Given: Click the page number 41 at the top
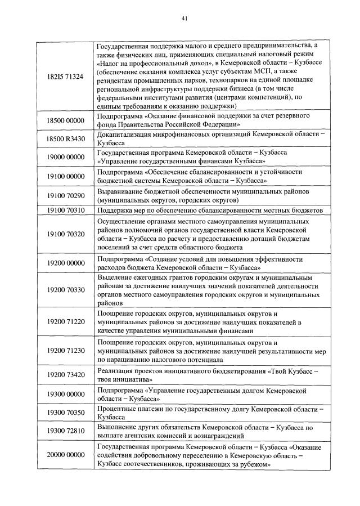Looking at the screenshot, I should [183, 18].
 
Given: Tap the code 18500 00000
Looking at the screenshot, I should [66, 120].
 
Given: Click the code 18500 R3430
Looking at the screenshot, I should [66, 139].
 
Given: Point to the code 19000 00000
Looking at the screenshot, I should [66, 158].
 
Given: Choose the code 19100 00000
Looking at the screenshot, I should [66, 176].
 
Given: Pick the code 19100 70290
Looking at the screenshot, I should [66, 195].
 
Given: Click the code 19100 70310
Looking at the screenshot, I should [66, 210].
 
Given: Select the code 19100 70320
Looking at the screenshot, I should [66, 234].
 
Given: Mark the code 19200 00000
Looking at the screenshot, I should [66, 262].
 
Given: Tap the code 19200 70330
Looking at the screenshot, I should [66, 290].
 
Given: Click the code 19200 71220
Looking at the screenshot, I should [66, 322].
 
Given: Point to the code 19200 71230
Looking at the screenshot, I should [66, 350].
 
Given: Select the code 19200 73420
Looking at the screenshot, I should [66, 374].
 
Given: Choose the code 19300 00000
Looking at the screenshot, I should [66, 394].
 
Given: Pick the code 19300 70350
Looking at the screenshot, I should [66, 413].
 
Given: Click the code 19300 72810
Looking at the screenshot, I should [66, 431].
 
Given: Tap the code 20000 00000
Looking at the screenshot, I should [66, 455].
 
